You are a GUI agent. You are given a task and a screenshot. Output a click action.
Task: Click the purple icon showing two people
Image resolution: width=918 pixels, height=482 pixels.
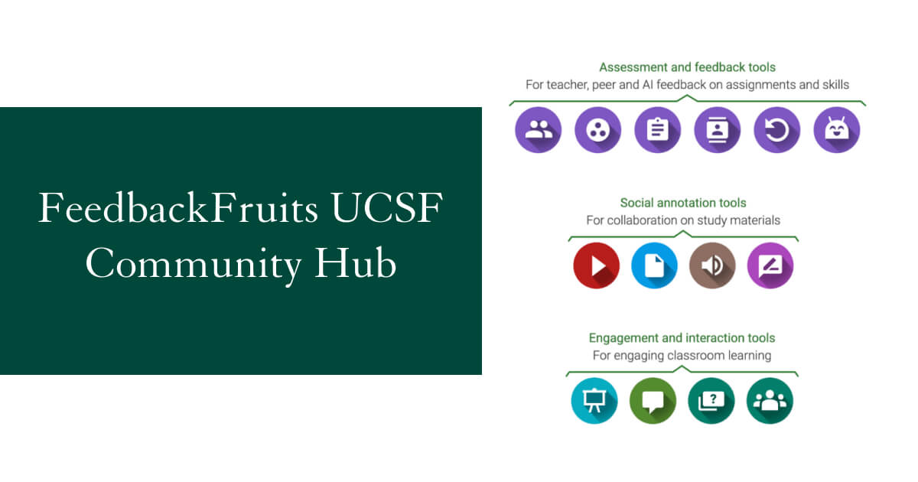pyautogui.click(x=538, y=130)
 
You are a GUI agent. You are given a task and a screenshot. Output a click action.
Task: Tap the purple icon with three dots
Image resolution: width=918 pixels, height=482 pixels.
pyautogui.click(x=597, y=130)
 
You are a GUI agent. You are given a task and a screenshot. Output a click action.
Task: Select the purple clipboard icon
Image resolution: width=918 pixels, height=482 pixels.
pyautogui.click(x=657, y=130)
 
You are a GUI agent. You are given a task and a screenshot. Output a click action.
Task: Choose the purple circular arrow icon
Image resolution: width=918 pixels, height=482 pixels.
pyautogui.click(x=776, y=130)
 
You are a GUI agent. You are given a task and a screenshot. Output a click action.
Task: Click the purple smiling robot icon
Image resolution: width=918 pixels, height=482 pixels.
pyautogui.click(x=836, y=130)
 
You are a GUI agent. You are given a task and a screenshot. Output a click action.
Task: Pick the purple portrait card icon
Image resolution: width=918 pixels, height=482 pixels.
pyautogui.click(x=717, y=130)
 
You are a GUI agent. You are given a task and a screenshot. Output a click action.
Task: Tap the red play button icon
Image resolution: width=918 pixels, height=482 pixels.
pyautogui.click(x=596, y=265)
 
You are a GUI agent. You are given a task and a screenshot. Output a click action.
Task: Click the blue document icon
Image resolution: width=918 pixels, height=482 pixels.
pyautogui.click(x=654, y=265)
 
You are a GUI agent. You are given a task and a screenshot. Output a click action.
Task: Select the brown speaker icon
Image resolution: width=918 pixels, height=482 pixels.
pyautogui.click(x=712, y=265)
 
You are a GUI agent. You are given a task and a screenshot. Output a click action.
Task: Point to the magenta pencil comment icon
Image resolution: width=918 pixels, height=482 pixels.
pyautogui.click(x=770, y=265)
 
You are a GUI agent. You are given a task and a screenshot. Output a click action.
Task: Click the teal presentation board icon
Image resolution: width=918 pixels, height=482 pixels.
pyautogui.click(x=594, y=401)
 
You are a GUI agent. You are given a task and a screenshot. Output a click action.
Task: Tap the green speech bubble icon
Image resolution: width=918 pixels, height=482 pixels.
pyautogui.click(x=653, y=401)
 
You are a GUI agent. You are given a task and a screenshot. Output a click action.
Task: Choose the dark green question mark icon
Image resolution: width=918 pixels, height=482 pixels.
pyautogui.click(x=711, y=401)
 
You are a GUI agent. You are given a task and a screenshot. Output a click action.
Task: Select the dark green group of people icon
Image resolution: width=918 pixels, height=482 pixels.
pyautogui.click(x=770, y=401)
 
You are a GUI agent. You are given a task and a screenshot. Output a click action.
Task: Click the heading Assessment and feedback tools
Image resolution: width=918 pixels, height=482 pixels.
pyautogui.click(x=687, y=67)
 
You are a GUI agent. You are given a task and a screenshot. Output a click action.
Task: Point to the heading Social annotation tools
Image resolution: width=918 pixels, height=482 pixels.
pyautogui.click(x=683, y=203)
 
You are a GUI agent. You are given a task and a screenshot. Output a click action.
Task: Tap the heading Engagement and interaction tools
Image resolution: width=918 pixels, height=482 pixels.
pyautogui.click(x=682, y=338)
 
